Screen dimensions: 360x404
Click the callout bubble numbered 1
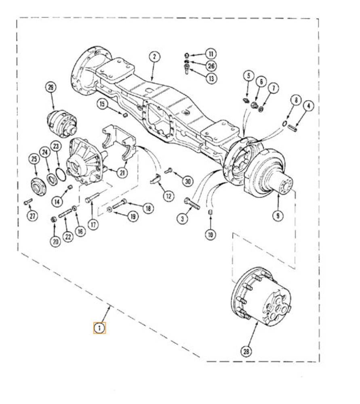tap(99, 328)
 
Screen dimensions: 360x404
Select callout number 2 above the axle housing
tap(154, 57)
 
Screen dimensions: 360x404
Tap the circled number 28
tap(246, 351)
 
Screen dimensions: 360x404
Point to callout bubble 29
tap(51, 87)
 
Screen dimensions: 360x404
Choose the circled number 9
tap(278, 215)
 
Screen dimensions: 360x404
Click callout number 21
tap(122, 173)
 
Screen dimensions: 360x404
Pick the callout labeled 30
tap(188, 181)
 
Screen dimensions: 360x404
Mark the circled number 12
tap(168, 196)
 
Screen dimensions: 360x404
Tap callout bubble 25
tap(34, 159)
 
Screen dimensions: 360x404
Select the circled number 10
tap(211, 234)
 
